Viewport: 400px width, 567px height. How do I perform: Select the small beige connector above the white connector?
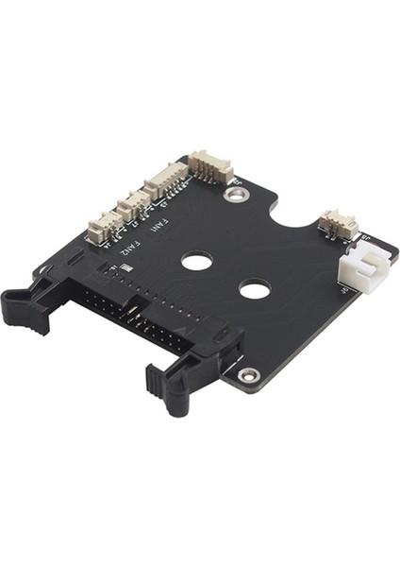coord(338,224)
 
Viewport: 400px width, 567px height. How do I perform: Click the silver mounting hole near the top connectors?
coord(237,195)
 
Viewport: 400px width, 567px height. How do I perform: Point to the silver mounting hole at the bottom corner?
coord(249,375)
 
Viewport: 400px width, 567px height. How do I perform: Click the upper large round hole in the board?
coord(196,260)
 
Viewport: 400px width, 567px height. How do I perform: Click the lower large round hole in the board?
coord(255,288)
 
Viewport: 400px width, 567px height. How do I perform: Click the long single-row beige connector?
coord(164,179)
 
